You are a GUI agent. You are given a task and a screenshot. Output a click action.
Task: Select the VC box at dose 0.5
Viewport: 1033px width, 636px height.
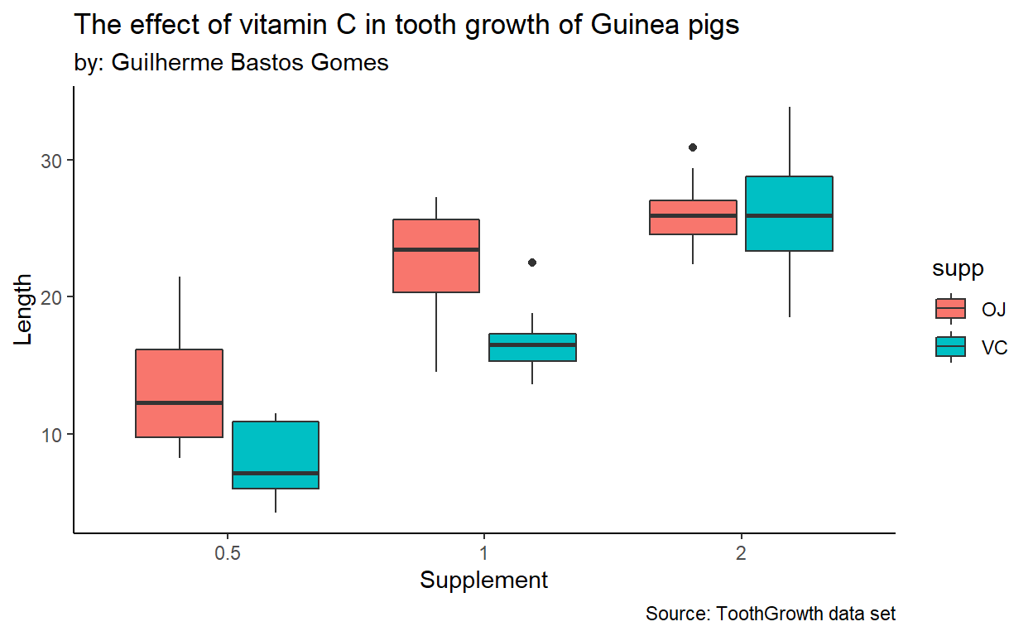click(x=275, y=455)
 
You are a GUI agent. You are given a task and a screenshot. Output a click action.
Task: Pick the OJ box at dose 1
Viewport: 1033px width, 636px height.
click(x=436, y=256)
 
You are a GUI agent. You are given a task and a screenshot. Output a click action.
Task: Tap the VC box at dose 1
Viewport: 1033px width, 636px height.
click(x=532, y=347)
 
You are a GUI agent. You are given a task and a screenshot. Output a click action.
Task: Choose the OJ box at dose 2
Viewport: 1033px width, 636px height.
click(x=693, y=217)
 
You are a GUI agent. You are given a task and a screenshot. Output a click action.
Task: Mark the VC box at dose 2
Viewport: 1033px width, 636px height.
click(x=789, y=213)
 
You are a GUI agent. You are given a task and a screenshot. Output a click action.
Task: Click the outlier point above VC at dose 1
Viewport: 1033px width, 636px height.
click(x=532, y=263)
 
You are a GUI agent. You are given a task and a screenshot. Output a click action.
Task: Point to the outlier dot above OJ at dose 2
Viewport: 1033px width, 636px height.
click(x=693, y=147)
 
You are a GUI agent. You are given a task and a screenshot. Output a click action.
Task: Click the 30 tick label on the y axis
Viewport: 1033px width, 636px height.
click(x=52, y=161)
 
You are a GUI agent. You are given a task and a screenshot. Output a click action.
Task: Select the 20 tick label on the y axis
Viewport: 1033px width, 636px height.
click(x=52, y=297)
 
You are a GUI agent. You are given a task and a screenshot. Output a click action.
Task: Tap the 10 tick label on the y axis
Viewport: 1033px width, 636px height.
click(x=52, y=435)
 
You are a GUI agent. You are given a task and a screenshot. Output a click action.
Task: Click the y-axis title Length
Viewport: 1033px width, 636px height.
click(x=24, y=309)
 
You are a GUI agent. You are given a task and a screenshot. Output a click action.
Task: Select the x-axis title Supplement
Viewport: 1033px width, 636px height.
click(x=483, y=581)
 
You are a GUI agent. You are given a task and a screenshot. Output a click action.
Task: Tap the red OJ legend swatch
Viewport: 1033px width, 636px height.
click(x=951, y=309)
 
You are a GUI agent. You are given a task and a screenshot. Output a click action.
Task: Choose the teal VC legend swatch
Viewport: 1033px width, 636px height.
click(x=951, y=347)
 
